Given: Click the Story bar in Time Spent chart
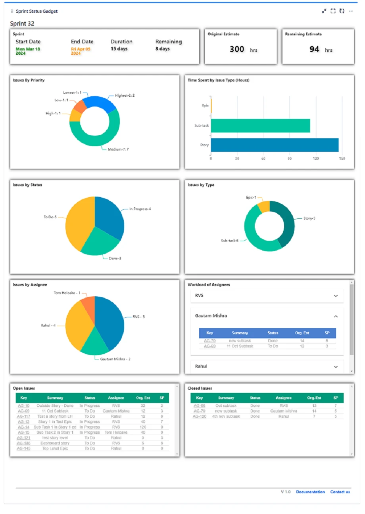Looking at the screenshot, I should click(275, 145).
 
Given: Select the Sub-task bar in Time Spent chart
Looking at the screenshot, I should click(260, 126).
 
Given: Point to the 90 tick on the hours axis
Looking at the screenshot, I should click(290, 158).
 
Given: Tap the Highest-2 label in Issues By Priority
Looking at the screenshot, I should click(125, 95).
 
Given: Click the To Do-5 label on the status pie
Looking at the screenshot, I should click(50, 217).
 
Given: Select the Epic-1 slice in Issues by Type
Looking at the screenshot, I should click(263, 206).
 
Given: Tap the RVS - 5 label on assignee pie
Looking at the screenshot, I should click(138, 317).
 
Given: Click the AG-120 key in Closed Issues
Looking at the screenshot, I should click(200, 416).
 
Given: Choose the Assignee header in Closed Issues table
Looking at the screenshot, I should click(283, 398).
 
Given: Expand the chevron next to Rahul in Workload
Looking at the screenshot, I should click(336, 367).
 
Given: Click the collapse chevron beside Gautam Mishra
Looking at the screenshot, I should click(336, 316).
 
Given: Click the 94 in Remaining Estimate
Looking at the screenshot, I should click(314, 49).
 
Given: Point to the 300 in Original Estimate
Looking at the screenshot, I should click(237, 49).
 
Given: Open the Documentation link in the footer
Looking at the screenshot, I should click(310, 492).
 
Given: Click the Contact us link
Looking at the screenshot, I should click(340, 492).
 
